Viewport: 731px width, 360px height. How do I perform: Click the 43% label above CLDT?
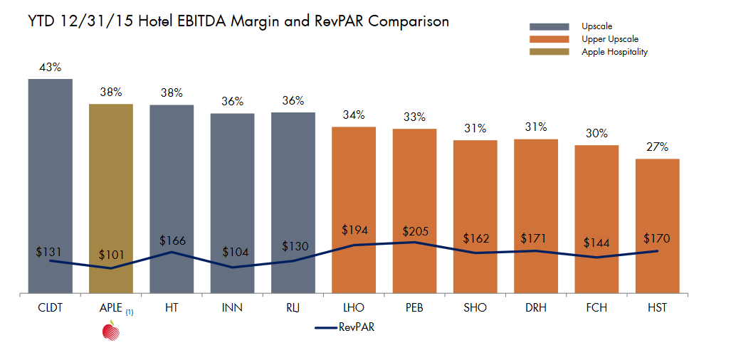click(51, 68)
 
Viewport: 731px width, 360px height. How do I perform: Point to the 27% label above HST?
click(657, 147)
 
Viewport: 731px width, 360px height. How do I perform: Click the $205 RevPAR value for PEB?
click(415, 232)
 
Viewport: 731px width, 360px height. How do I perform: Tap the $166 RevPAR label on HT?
click(172, 240)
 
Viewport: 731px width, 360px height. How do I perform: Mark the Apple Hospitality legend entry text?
click(614, 52)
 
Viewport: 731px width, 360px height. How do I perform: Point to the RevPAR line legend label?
click(357, 327)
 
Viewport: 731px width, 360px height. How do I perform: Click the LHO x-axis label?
click(354, 307)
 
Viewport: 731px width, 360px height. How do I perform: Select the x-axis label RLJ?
click(293, 307)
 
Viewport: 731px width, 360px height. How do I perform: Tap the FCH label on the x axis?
click(596, 307)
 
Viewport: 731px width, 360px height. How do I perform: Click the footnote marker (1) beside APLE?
click(130, 312)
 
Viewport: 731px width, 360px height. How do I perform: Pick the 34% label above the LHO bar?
click(354, 115)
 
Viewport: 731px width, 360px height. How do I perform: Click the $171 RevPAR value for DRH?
click(536, 237)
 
